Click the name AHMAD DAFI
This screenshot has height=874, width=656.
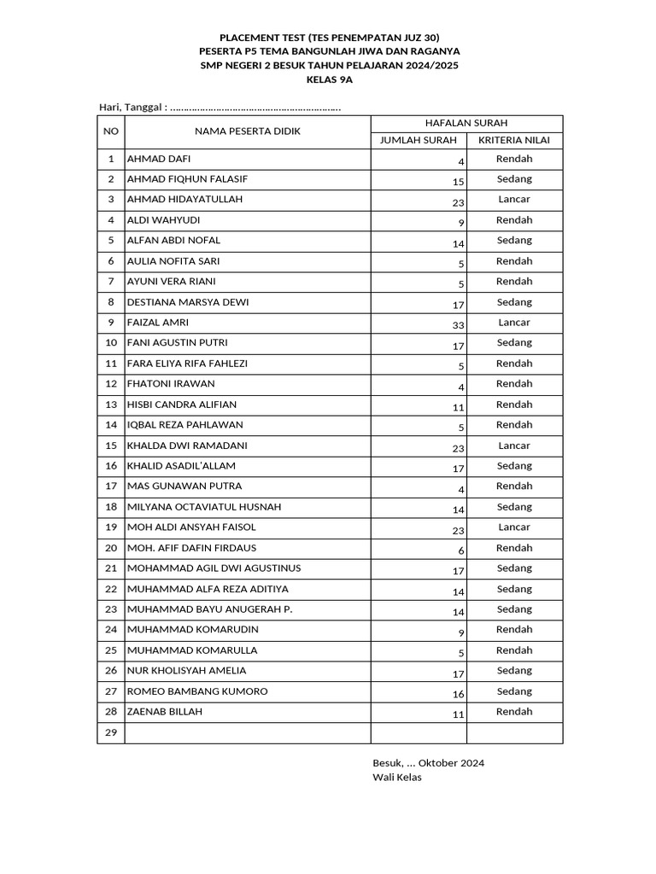159,159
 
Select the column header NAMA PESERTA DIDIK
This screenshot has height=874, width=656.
248,131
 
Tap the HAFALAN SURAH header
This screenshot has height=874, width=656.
466,124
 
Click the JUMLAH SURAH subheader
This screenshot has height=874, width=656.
419,140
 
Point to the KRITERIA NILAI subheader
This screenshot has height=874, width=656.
514,140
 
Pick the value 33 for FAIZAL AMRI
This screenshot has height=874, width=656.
459,324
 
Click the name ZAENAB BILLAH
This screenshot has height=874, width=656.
165,712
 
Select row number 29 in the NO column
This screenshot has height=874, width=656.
110,733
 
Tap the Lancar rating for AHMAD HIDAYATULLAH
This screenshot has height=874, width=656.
514,199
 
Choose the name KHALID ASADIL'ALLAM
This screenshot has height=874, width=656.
181,466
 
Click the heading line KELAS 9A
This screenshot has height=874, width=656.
330,79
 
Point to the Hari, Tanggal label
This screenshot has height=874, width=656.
132,107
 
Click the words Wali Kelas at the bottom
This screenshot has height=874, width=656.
397,777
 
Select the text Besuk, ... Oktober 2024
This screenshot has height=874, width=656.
428,763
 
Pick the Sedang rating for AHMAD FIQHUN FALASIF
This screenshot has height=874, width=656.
514,178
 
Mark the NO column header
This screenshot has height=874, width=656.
110,131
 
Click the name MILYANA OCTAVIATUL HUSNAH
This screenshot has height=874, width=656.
204,507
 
